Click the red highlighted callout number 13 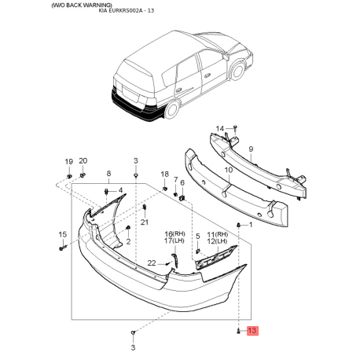click(252, 332)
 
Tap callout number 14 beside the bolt click(220, 128)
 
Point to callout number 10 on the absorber click(228, 169)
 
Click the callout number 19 click(68, 161)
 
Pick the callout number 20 click(83, 161)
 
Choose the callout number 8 click(108, 173)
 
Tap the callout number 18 click(164, 174)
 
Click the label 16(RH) click(174, 235)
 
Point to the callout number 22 click(152, 262)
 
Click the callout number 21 click(144, 222)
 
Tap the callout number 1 click(250, 225)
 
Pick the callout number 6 click(182, 183)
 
